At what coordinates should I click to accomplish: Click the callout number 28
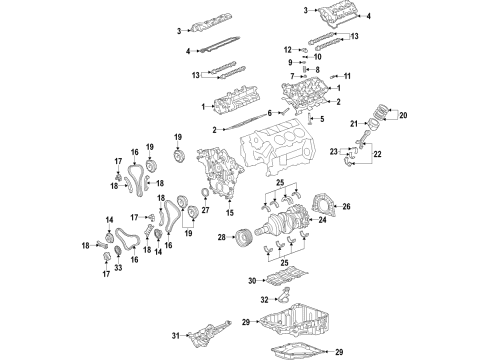[219, 237]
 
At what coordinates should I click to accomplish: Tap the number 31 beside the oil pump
[176, 334]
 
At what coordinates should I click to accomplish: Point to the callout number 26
[346, 207]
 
